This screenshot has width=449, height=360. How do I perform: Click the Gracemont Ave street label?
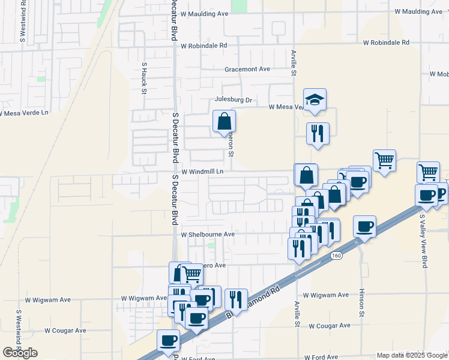click(247, 69)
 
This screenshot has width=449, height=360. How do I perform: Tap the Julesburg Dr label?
click(234, 100)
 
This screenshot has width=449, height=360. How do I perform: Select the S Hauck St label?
click(144, 78)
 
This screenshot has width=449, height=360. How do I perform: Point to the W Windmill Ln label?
click(202, 172)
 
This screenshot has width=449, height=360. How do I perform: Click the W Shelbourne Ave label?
click(208, 235)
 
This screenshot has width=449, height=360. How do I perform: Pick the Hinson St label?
click(362, 304)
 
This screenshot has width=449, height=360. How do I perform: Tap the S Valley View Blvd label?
click(423, 240)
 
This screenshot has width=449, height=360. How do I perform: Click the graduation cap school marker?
click(314, 100)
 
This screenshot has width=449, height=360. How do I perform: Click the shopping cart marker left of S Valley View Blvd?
click(384, 160)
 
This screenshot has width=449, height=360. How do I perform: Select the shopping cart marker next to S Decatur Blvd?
click(191, 274)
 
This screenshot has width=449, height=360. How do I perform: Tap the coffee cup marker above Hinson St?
click(364, 227)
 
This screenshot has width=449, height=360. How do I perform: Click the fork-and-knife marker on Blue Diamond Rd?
click(236, 299)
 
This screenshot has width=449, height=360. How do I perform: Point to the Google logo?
click(20, 353)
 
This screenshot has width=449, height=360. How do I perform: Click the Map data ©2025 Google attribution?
click(411, 355)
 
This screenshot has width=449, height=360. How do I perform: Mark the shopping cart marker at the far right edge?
click(429, 172)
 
